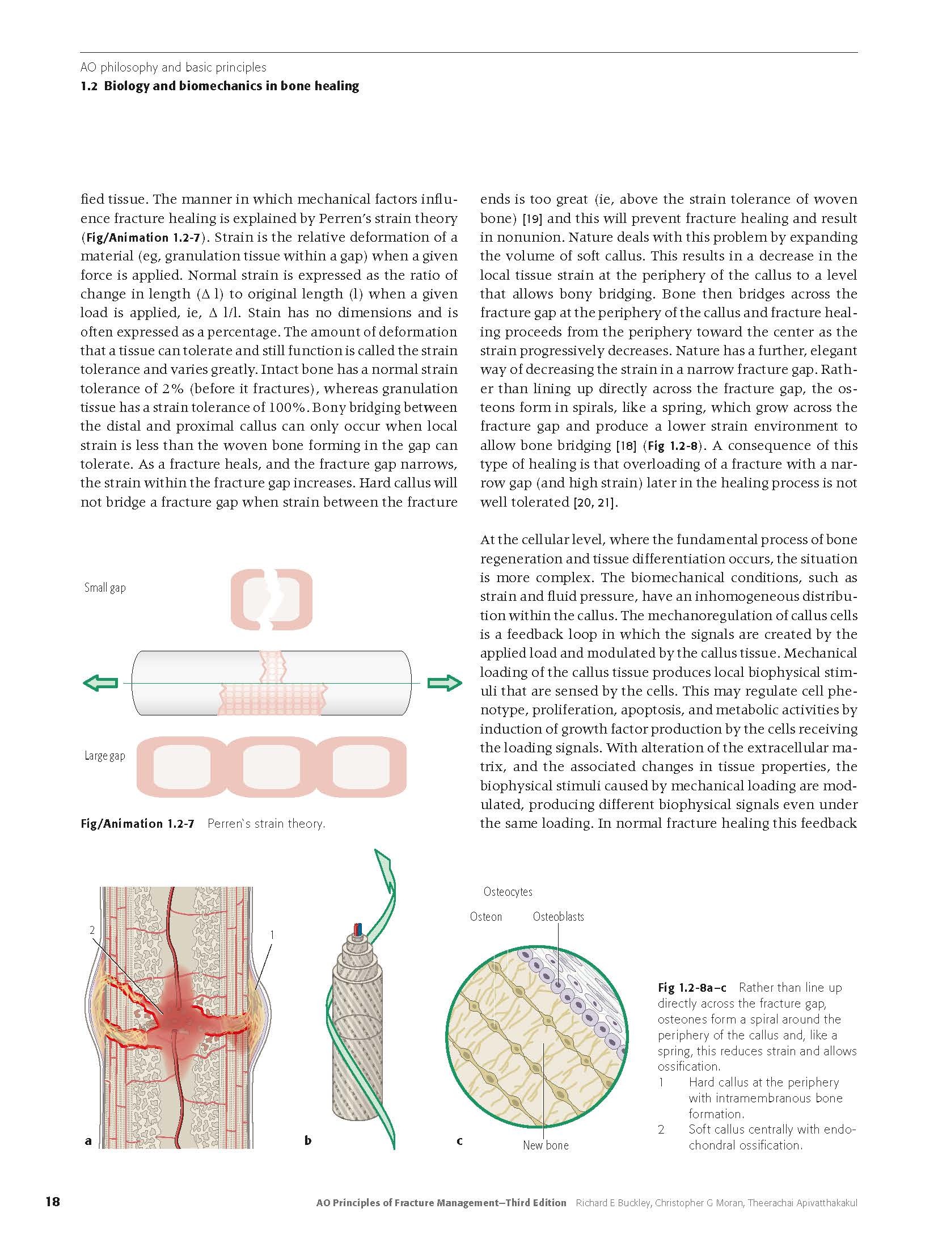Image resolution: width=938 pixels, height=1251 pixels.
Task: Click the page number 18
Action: click(52, 1218)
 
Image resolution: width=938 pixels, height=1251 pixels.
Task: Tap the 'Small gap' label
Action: click(105, 588)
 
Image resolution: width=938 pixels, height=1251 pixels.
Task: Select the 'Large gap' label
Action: click(105, 756)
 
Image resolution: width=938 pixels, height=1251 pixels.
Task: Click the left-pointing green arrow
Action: click(100, 683)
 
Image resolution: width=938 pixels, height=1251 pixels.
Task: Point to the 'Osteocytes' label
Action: click(508, 892)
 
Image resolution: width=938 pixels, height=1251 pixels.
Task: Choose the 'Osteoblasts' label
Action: click(558, 916)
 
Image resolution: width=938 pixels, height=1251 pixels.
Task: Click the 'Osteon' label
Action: click(486, 916)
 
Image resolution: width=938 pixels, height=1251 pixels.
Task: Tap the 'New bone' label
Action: click(546, 1145)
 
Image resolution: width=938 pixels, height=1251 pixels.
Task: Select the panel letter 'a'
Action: click(88, 1140)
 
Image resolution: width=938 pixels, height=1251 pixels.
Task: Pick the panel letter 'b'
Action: click(308, 1140)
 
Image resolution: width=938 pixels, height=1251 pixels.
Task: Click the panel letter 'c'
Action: click(459, 1140)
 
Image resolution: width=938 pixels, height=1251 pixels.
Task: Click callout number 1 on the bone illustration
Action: click(272, 934)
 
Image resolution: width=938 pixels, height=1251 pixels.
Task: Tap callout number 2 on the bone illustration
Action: click(92, 930)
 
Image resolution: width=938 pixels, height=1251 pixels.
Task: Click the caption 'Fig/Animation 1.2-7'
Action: click(137, 824)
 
